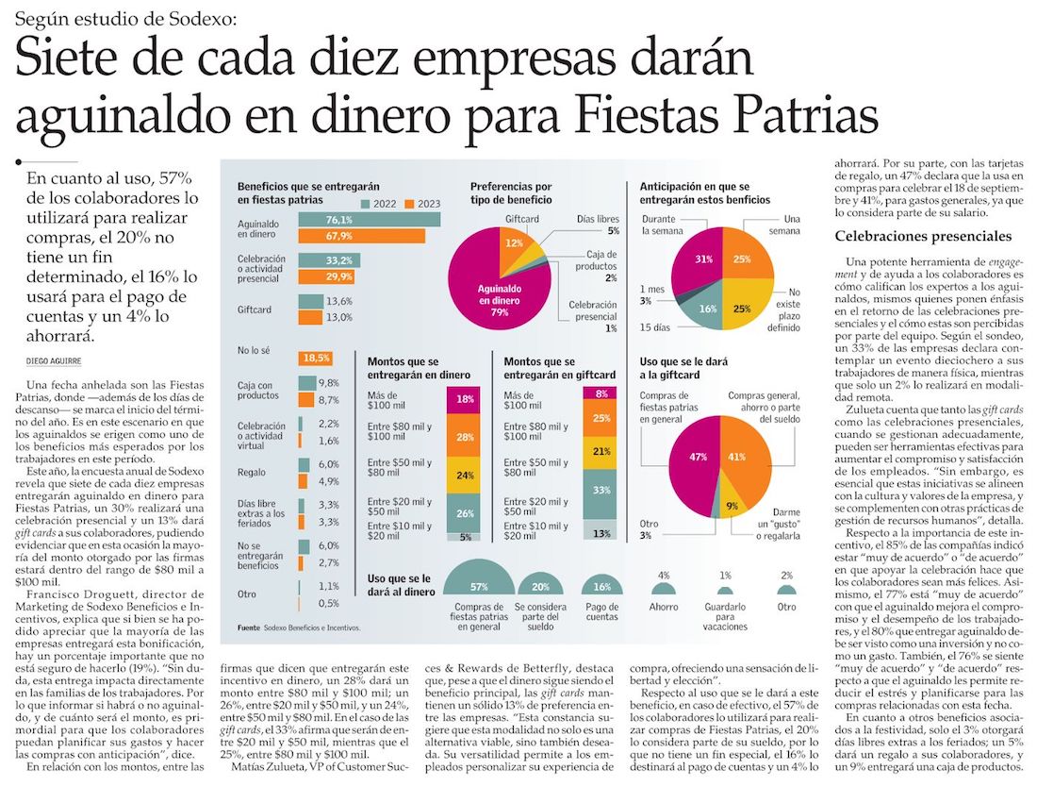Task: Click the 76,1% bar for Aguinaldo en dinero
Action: point(369,220)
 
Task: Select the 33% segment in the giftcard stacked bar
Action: point(601,491)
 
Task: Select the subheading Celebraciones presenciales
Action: point(923,236)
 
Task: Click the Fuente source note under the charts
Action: point(299,627)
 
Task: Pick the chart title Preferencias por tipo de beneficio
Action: point(512,193)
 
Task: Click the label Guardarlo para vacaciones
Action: point(725,618)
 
